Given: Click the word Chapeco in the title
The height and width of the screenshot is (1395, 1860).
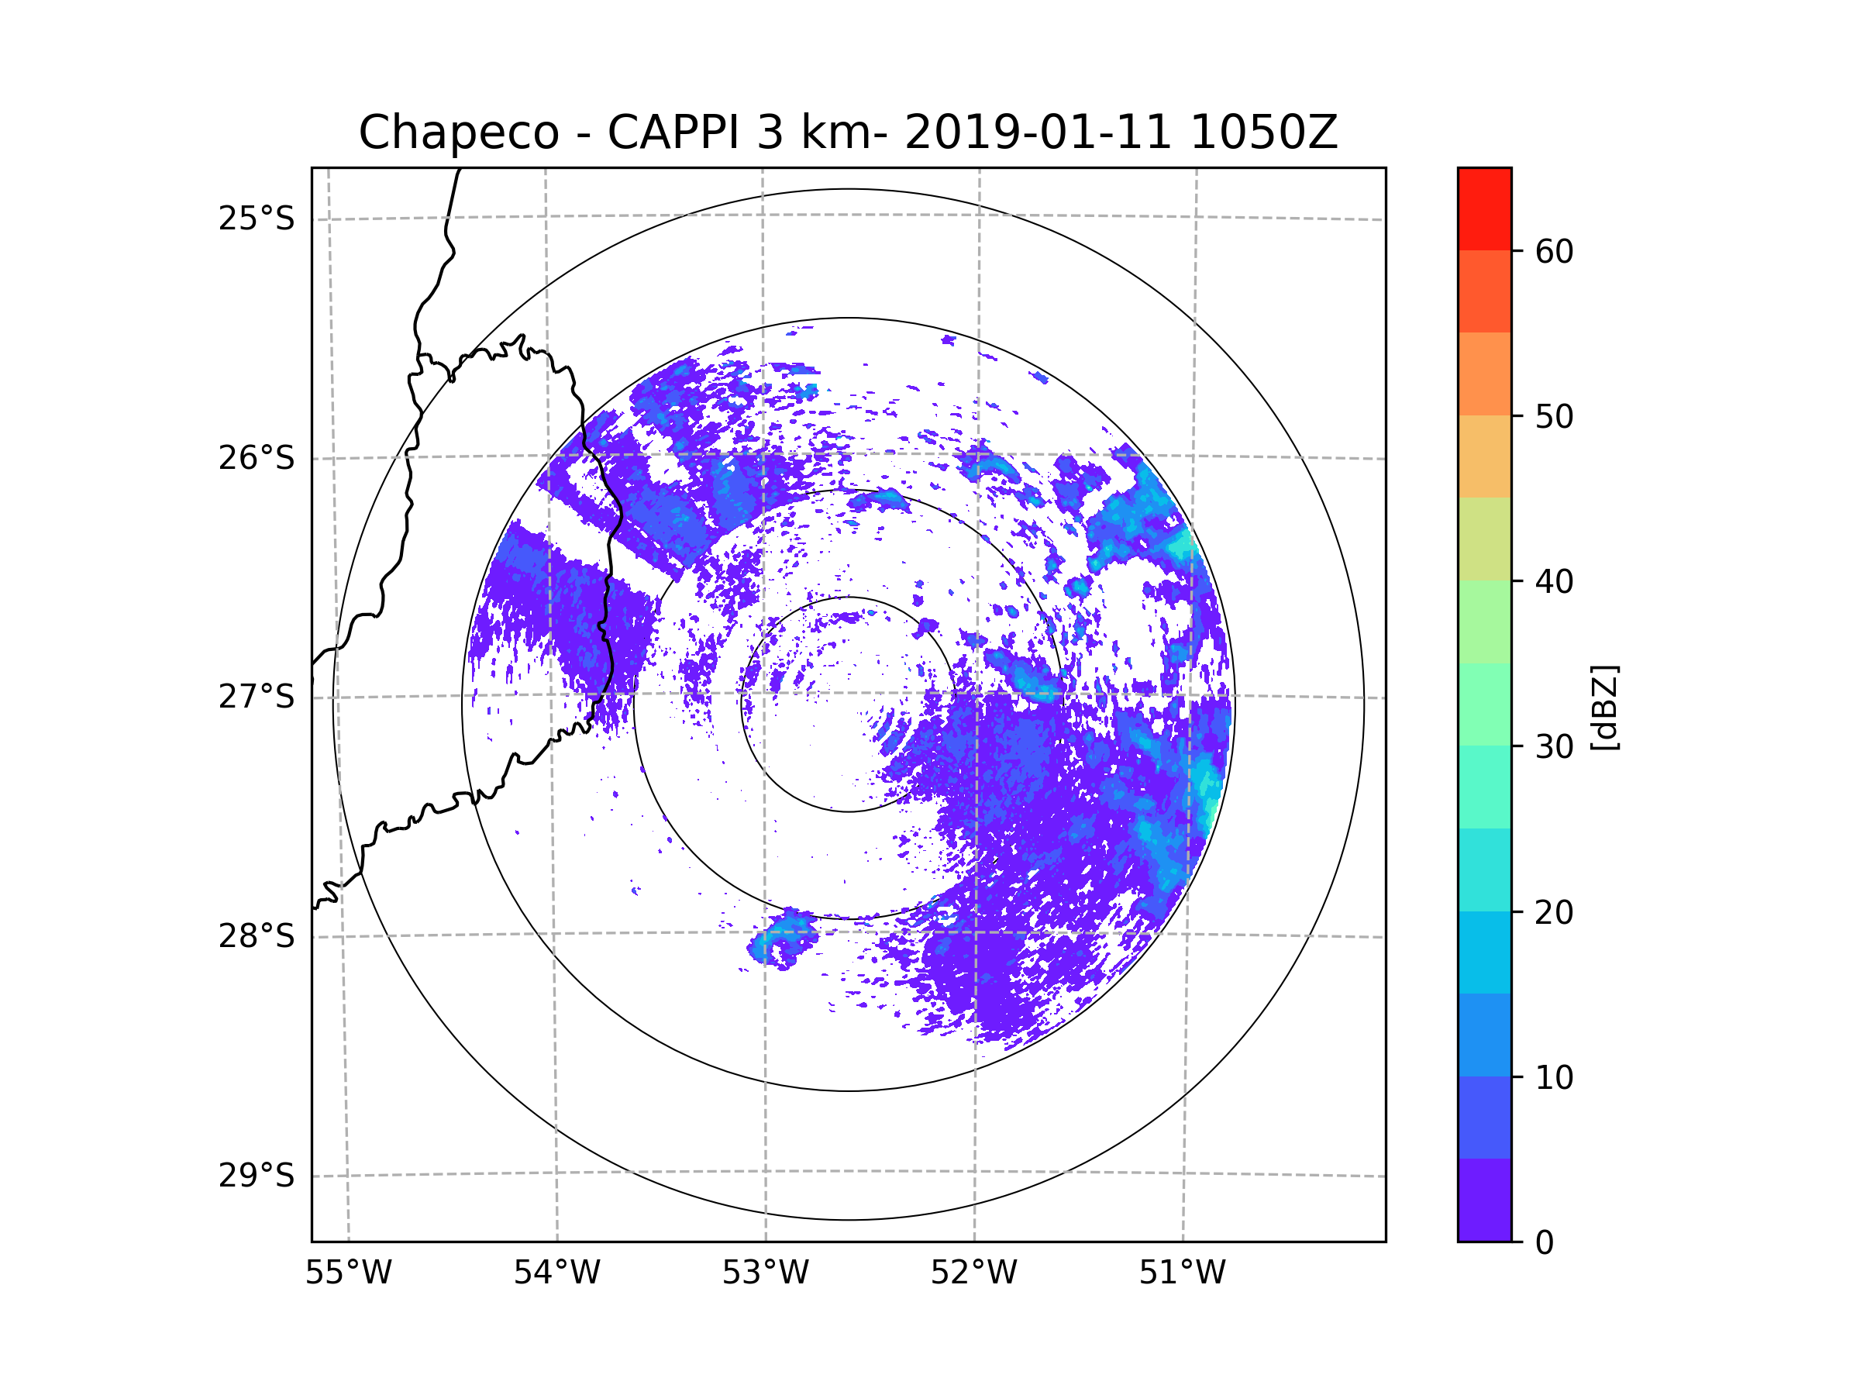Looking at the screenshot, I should click(458, 133).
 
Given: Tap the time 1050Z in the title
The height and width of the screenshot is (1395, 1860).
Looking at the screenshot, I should click(1263, 133).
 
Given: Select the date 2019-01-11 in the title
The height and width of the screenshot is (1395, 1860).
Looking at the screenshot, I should click(1038, 133).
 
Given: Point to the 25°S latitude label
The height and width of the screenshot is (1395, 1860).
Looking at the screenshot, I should click(257, 219).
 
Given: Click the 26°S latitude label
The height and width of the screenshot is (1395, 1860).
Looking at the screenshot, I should click(257, 458).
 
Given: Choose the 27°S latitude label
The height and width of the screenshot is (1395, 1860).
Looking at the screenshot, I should click(257, 697).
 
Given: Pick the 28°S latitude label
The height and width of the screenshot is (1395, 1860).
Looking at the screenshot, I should click(257, 936).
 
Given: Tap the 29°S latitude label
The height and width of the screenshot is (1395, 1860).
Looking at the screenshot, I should click(257, 1176).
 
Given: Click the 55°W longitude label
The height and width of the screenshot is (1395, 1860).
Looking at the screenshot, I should click(348, 1273).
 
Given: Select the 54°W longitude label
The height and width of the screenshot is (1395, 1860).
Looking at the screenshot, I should click(556, 1273).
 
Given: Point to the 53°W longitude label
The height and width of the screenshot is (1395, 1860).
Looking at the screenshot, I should click(765, 1273).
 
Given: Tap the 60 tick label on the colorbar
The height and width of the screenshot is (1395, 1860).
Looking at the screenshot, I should click(1554, 251).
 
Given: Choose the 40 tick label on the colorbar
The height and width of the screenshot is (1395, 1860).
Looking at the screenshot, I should click(1554, 582).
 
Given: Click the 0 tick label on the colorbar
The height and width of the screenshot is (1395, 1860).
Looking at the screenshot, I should click(1545, 1243).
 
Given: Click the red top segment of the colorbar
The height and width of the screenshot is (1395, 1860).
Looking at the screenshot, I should click(1484, 208).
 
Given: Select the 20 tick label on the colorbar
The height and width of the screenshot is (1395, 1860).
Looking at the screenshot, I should click(1554, 912).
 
